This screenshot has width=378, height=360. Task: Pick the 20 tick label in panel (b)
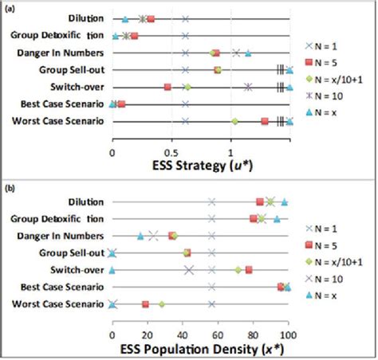click(x=147, y=325)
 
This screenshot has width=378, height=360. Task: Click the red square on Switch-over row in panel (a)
click(x=167, y=87)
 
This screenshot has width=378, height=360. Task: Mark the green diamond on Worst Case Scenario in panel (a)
click(x=234, y=121)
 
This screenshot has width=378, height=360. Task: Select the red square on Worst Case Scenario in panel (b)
click(x=145, y=304)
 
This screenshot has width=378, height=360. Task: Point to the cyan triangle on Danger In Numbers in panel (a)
click(x=249, y=53)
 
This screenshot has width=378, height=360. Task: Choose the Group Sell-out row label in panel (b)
click(x=72, y=252)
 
